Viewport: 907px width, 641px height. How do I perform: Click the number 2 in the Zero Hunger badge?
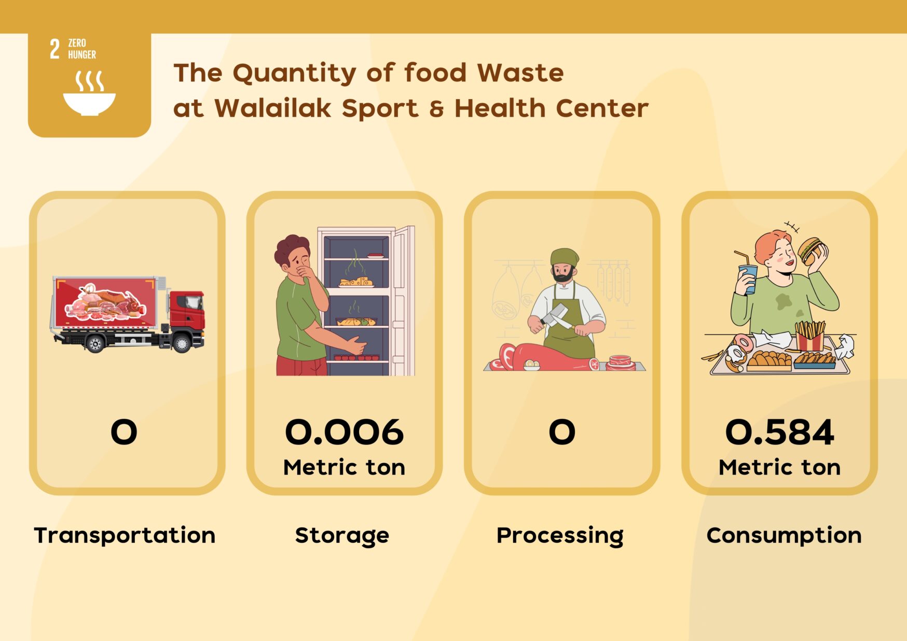point(54,49)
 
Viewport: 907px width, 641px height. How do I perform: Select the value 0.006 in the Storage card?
point(344,432)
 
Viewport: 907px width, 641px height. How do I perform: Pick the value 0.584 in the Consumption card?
point(779,432)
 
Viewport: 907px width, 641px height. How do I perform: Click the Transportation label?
point(125,535)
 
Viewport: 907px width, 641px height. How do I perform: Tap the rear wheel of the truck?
point(95,344)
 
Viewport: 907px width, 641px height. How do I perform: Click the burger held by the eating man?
point(810,250)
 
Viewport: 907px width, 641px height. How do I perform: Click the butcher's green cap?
point(564,257)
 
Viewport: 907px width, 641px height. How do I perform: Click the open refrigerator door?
point(403,301)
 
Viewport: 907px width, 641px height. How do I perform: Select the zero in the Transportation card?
point(124,432)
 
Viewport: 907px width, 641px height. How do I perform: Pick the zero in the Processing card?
point(562,432)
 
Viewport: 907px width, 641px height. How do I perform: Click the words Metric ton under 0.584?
point(779,467)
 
